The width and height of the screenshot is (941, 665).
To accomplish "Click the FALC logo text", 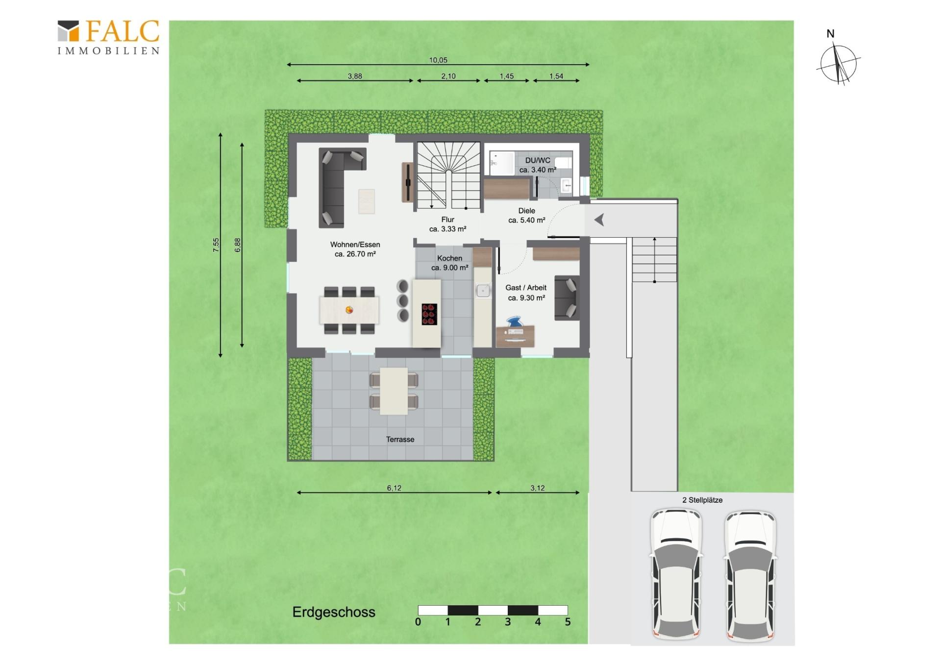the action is [123, 31].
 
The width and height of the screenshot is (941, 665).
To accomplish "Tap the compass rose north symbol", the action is [839, 64].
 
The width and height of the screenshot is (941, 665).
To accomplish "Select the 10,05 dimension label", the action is [438, 60].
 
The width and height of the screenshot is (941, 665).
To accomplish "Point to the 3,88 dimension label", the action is [355, 76].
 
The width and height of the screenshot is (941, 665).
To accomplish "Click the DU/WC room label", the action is [538, 160].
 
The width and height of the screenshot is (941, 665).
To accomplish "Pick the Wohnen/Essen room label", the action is [355, 245].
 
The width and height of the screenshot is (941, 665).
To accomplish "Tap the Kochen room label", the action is [449, 258].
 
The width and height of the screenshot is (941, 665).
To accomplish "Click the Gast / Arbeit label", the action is [526, 288].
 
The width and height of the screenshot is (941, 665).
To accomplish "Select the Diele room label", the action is [526, 211].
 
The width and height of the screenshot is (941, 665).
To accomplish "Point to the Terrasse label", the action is [400, 440].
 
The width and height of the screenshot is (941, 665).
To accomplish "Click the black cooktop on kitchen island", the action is [429, 314].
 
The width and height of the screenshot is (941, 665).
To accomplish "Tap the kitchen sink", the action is [483, 291].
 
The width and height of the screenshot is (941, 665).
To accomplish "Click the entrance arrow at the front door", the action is [599, 220].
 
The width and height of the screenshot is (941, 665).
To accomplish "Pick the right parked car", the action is [750, 576].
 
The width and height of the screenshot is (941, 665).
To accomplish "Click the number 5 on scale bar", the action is [568, 622].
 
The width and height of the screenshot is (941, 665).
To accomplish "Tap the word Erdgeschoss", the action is [334, 612].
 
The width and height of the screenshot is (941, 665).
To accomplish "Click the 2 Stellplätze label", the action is [702, 500].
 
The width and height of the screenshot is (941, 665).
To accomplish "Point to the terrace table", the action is [394, 391].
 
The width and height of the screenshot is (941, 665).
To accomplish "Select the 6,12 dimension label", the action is [394, 488].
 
